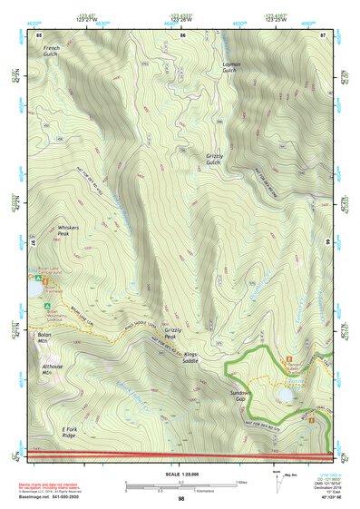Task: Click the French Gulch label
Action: coord(51,51)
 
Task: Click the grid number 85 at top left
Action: coord(39,34)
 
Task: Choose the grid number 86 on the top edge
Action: coord(182,34)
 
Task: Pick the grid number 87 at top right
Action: coord(324,34)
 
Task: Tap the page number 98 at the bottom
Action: coord(181,499)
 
